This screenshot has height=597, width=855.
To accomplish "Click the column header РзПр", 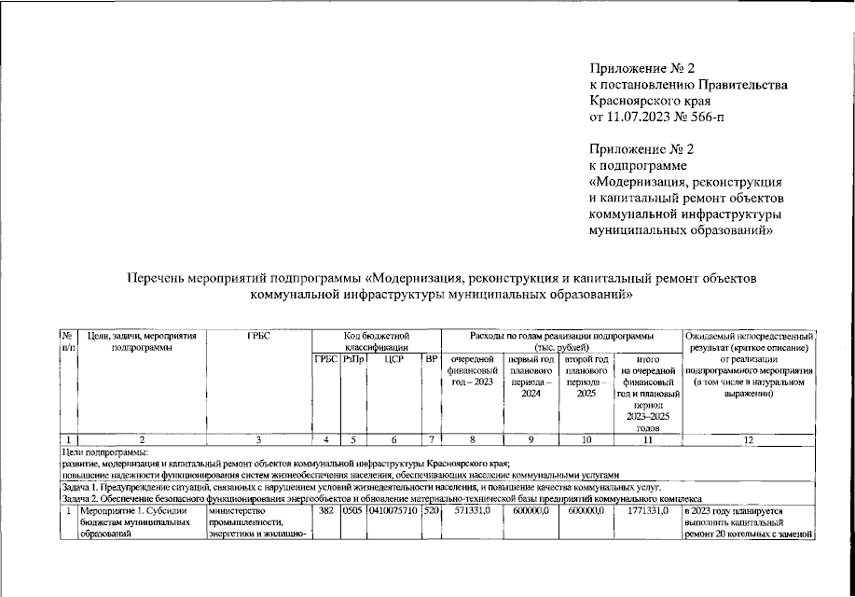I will tap(353, 359).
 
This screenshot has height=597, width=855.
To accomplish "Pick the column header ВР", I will tap(431, 359).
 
